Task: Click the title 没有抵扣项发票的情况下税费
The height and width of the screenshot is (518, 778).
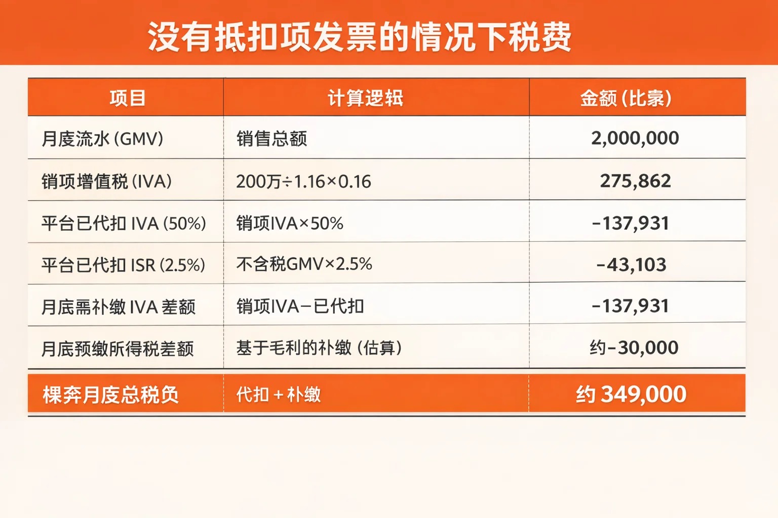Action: pyautogui.click(x=360, y=36)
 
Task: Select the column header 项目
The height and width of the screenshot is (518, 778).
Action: pyautogui.click(x=128, y=98)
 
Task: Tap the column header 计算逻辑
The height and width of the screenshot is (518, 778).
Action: pyautogui.click(x=365, y=98)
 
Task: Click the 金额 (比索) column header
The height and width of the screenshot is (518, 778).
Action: pyautogui.click(x=626, y=98)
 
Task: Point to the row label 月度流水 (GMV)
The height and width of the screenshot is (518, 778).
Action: pyautogui.click(x=102, y=139)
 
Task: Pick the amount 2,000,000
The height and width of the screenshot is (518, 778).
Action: pyautogui.click(x=635, y=138)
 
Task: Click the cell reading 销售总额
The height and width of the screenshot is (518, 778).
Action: pyautogui.click(x=271, y=139)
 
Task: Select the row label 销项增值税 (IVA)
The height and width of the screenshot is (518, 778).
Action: pyautogui.click(x=107, y=181)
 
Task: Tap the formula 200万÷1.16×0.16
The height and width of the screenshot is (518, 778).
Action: pyautogui.click(x=303, y=181)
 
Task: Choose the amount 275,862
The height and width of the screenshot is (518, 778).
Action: pyautogui.click(x=635, y=181)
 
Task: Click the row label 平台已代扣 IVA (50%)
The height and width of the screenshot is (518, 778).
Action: pyautogui.click(x=124, y=223)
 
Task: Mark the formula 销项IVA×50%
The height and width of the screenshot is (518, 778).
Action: pyautogui.click(x=290, y=223)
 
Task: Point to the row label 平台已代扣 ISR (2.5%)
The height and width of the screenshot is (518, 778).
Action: pyautogui.click(x=124, y=265)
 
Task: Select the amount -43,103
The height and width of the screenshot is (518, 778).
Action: pyautogui.click(x=631, y=265)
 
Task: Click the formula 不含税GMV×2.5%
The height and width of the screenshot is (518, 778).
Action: pyautogui.click(x=304, y=264)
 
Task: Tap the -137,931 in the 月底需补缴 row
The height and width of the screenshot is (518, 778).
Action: pyautogui.click(x=630, y=306)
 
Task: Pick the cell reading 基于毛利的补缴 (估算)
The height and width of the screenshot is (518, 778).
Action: pyautogui.click(x=319, y=348)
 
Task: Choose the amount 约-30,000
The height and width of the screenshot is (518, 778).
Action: pyautogui.click(x=634, y=348)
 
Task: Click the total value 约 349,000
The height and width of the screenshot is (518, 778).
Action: pyautogui.click(x=631, y=394)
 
